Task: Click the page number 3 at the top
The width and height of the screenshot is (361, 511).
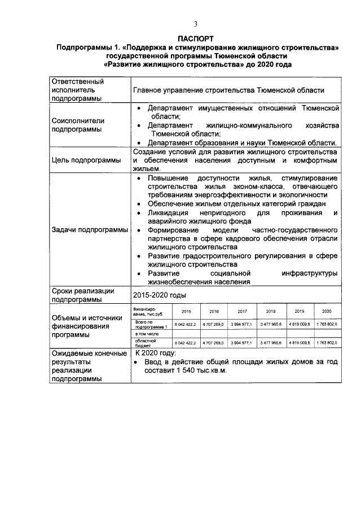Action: pyautogui.click(x=196, y=24)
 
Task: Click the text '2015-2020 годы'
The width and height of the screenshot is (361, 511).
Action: pyautogui.click(x=159, y=295)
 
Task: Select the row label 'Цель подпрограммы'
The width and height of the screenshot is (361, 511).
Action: pyautogui.click(x=86, y=160)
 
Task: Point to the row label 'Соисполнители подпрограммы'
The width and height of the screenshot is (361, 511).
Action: pyautogui.click(x=78, y=125)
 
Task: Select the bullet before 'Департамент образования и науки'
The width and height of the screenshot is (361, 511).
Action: pyautogui.click(x=139, y=143)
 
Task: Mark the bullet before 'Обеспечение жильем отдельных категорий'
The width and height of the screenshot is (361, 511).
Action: pyautogui.click(x=139, y=203)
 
